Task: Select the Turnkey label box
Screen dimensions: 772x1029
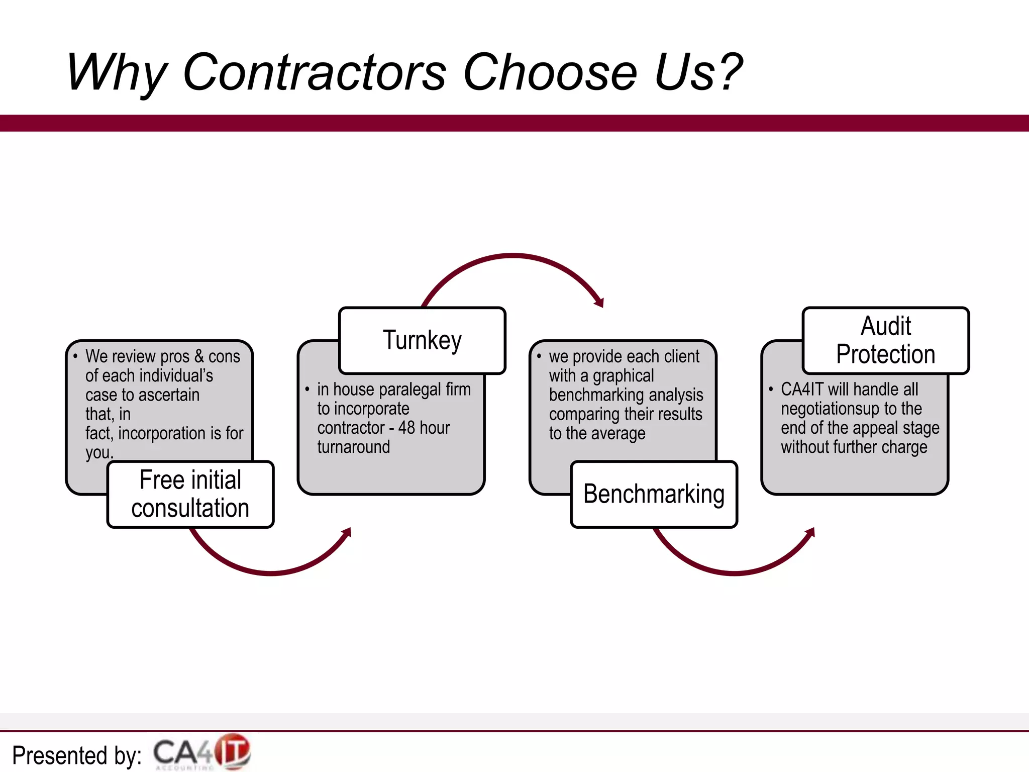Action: point(422,340)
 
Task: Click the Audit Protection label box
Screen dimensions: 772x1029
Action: point(885,340)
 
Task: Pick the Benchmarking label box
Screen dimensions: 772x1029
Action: point(654,494)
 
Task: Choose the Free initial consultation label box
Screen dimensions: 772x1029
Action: point(190,494)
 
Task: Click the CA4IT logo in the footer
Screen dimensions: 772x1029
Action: point(202,752)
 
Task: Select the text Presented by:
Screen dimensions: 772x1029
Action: point(76,755)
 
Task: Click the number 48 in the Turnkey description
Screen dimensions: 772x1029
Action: point(406,428)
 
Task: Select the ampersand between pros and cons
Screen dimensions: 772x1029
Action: point(199,356)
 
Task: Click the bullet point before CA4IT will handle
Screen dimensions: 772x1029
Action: point(771,389)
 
